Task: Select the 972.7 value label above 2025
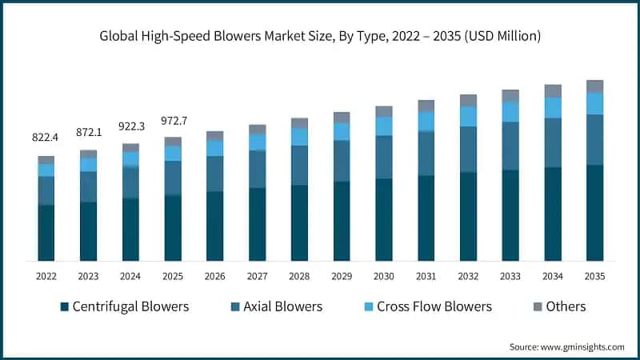click(173, 119)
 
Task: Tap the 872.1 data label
click(89, 132)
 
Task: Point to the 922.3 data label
click(131, 126)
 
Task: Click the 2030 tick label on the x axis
click(384, 276)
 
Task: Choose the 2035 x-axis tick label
click(594, 276)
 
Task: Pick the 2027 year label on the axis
click(258, 276)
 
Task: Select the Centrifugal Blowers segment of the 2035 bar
click(594, 212)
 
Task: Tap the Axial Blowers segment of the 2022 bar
click(46, 190)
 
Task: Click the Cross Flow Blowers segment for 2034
click(553, 107)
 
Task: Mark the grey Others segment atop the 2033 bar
click(510, 96)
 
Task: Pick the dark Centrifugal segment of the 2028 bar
click(299, 222)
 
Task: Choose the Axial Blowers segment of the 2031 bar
click(426, 154)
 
